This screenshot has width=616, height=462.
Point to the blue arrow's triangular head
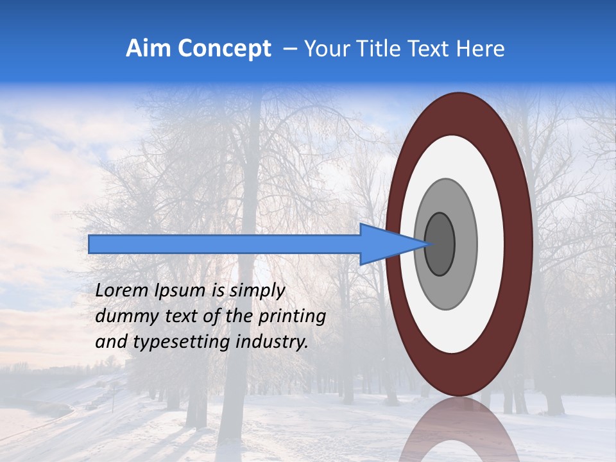385,244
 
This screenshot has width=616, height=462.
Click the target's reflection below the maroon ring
459,430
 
